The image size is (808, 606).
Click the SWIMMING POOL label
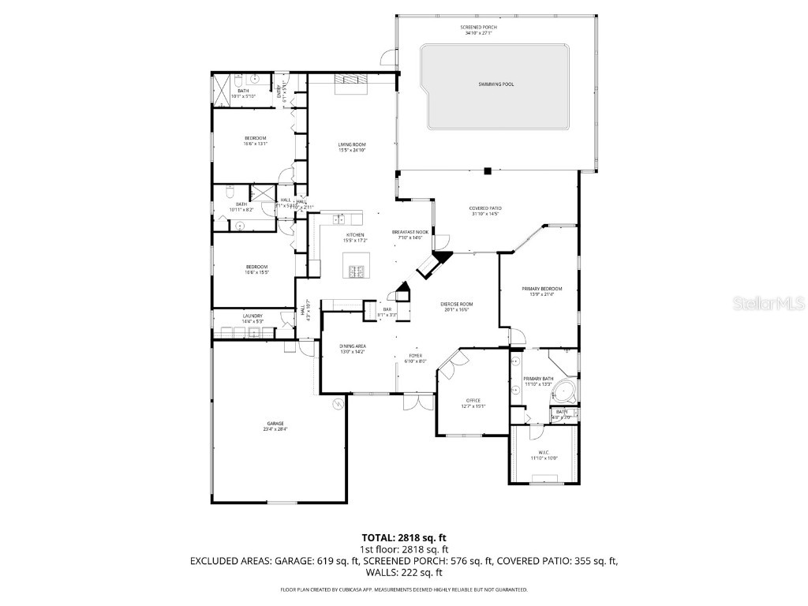tap(496, 84)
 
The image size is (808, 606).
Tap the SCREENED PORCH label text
tap(479, 27)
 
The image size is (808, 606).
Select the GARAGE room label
tap(275, 423)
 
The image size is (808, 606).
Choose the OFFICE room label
tap(473, 400)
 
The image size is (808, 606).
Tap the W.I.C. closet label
tap(544, 452)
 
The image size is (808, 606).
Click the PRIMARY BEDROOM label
tap(541, 289)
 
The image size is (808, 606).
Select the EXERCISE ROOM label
tap(456, 304)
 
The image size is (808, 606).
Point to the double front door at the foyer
tap(412, 402)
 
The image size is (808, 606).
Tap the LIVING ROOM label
tap(352, 144)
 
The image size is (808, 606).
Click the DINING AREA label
tap(352, 346)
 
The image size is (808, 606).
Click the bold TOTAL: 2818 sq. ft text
tap(404, 537)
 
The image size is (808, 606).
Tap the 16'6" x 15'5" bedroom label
tap(257, 269)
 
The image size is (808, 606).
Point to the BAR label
tap(387, 309)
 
